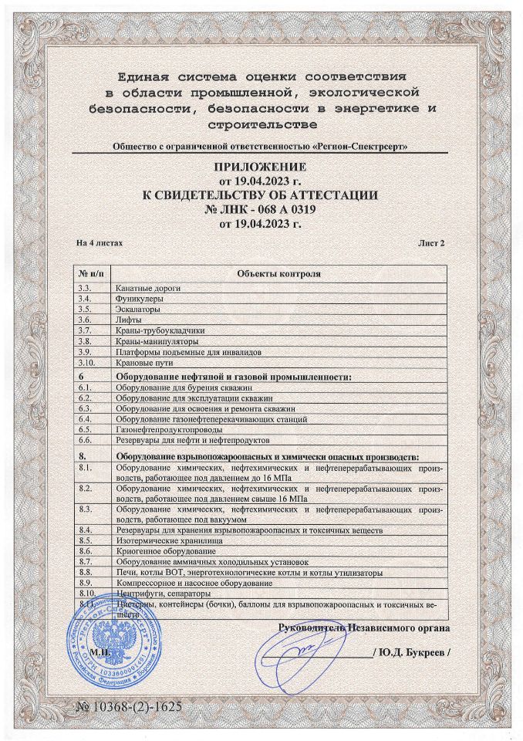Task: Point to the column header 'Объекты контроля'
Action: coord(278,274)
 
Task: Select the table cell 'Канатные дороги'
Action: coord(147,287)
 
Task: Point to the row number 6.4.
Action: coord(86,418)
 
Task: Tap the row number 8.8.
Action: coord(86,574)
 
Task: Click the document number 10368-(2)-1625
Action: coord(130,707)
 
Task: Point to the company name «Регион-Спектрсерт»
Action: coord(354,146)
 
